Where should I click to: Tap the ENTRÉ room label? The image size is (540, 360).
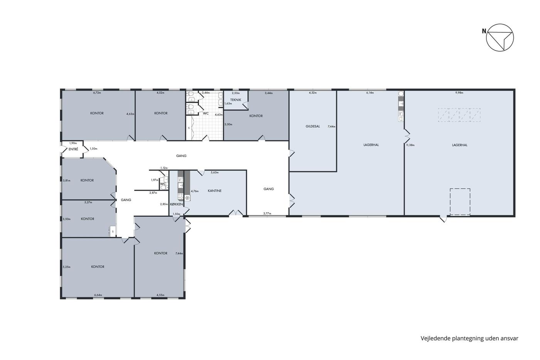pos(73,149)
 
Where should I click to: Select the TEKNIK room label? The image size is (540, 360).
pos(236,100)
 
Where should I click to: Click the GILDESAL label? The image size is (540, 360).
pos(313,126)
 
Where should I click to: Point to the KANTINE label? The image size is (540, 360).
pos(214,191)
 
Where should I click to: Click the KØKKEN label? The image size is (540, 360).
pos(177,204)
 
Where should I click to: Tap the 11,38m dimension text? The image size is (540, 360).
pos(410,145)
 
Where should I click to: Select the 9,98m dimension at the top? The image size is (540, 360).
pos(459,93)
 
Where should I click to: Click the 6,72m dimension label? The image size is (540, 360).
pos(97,92)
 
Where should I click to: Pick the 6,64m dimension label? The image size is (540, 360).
pos(98,295)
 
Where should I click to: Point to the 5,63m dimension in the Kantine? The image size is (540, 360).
pos(214,172)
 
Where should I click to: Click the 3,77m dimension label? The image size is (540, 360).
pos(267,213)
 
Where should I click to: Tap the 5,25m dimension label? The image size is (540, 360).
pos(66,267)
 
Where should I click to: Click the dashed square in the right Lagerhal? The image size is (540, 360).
pos(460,189)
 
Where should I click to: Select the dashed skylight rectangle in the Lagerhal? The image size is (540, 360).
pos(459,108)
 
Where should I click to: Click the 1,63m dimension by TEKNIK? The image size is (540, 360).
pos(228,103)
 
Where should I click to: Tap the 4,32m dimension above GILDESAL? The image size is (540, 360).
pos(313,93)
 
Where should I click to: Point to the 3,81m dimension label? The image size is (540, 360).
pos(66,180)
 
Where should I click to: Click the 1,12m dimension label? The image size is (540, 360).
pos(164,168)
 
